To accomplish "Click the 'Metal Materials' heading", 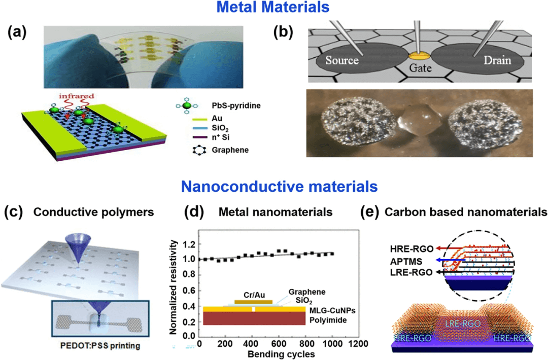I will pyautogui.click(x=274, y=9).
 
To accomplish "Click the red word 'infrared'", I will pyautogui.click(x=74, y=95).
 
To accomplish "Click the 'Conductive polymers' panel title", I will pyautogui.click(x=102, y=212).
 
